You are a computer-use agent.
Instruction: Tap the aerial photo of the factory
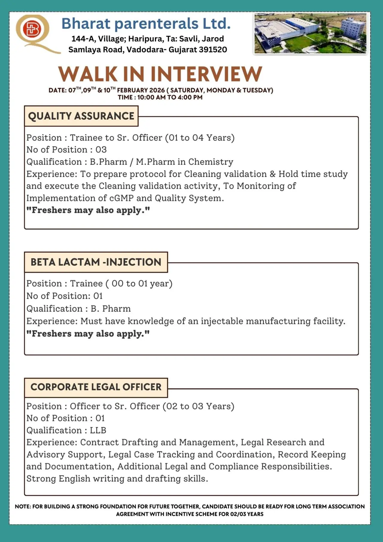coord(310,34)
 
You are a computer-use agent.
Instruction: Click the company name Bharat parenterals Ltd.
coord(146,23)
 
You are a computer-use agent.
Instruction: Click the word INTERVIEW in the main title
coord(206,74)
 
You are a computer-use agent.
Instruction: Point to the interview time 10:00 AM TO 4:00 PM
coord(170,97)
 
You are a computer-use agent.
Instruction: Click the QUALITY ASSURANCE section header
coord(81,116)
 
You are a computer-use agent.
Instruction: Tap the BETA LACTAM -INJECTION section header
coord(96,262)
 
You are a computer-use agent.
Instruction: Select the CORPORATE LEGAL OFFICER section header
coord(96,387)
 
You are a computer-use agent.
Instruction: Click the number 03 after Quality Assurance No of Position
coord(101,149)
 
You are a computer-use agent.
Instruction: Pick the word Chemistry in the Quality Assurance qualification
coord(211,162)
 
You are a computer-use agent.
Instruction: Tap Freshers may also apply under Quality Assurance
coord(88,210)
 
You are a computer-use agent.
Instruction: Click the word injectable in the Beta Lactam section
coord(221,321)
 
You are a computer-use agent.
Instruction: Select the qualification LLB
coord(98,430)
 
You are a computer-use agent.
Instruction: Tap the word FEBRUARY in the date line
coord(132,90)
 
